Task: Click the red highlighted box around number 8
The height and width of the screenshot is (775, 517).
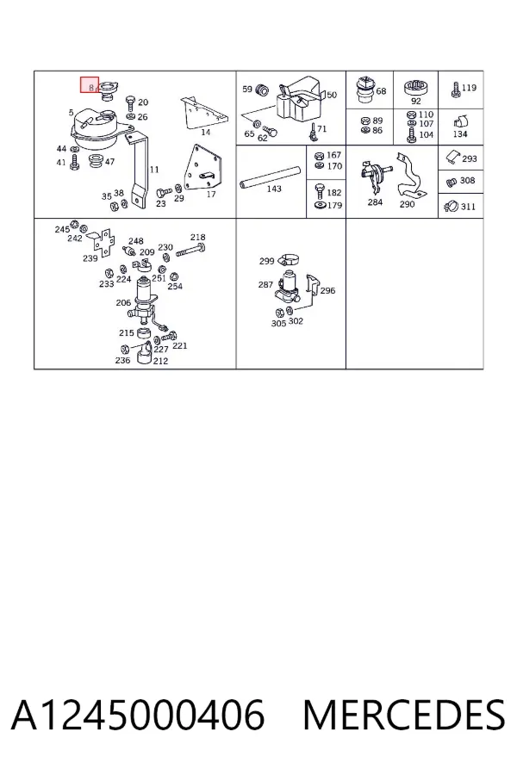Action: click(90, 84)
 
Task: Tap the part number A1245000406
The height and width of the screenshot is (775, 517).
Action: click(138, 715)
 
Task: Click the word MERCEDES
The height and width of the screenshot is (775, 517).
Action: click(404, 715)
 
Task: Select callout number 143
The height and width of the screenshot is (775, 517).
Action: click(274, 189)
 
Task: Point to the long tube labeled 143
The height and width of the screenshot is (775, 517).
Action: click(270, 177)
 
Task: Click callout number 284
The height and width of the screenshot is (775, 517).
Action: click(375, 202)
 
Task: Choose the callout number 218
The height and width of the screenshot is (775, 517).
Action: click(198, 238)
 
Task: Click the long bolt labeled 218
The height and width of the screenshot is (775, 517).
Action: click(190, 249)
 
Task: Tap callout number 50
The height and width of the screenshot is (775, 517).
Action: click(332, 95)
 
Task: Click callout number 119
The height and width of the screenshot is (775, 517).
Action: click(469, 88)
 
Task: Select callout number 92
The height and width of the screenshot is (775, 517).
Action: click(415, 101)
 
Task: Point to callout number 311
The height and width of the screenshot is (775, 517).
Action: click(468, 207)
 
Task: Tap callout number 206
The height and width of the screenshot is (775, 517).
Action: click(123, 302)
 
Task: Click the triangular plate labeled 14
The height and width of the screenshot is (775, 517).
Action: click(202, 113)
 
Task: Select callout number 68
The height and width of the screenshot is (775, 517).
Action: click(381, 91)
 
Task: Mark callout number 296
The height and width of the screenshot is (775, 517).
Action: click(327, 291)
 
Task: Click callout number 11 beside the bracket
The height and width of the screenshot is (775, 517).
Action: click(154, 170)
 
